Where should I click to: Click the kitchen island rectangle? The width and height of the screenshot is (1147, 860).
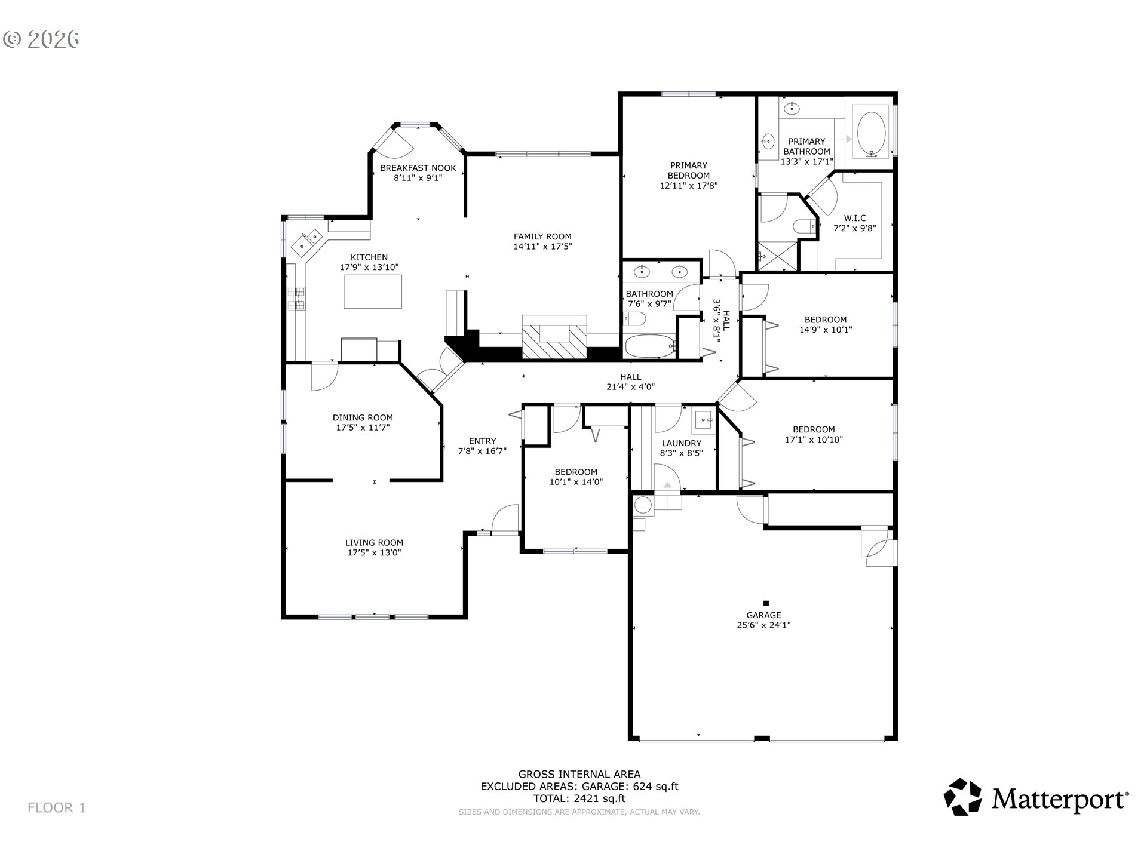373,291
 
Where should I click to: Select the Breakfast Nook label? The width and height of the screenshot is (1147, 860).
418,168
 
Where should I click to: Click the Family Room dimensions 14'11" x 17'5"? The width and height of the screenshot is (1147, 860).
543,246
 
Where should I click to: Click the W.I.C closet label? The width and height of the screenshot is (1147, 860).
855,218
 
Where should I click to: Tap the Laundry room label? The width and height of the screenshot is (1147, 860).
682,443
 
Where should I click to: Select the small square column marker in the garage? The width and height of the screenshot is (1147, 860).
766,603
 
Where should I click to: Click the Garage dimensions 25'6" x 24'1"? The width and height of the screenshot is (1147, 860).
764,625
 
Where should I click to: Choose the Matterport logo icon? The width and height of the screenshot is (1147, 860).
962,797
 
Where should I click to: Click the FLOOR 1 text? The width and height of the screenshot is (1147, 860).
57,808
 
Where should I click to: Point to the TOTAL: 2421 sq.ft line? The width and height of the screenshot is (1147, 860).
579,798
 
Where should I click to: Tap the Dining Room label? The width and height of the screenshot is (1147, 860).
363,417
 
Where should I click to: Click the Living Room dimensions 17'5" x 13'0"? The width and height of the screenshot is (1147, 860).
375,552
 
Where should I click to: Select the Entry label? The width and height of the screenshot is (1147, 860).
483,441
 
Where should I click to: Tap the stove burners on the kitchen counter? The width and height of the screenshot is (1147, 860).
296,299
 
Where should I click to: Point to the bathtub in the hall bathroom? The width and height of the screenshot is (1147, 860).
650,346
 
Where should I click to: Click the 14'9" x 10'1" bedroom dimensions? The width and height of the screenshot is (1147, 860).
826,329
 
